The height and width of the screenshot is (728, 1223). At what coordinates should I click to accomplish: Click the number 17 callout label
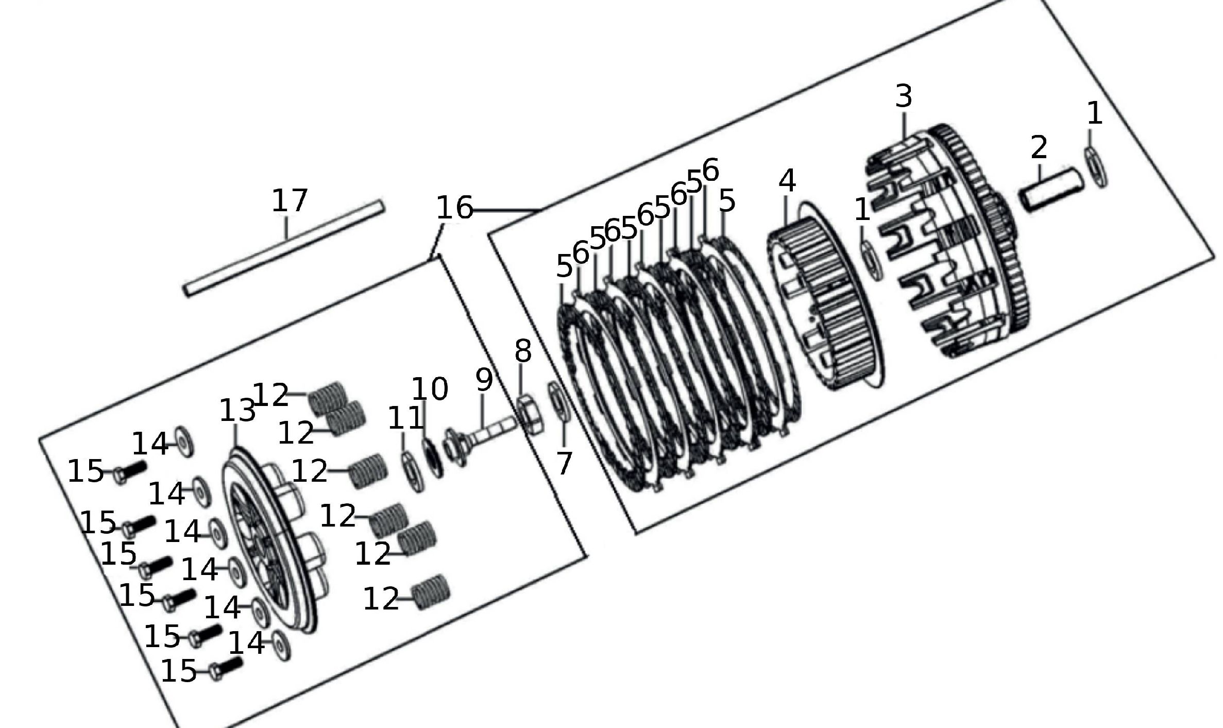pos(290,200)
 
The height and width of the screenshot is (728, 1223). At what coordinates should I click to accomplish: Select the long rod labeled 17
pos(284,249)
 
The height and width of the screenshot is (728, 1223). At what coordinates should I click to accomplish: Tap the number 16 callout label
pos(454,208)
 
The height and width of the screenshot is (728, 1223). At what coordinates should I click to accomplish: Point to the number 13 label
pos(237,411)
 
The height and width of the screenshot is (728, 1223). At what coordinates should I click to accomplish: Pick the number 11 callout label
pos(405,418)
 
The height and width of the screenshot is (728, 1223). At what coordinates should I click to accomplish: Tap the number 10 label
pos(430,389)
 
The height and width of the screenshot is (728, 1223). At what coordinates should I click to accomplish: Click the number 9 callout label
pos(484,380)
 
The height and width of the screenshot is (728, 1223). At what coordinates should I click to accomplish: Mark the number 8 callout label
pos(522,351)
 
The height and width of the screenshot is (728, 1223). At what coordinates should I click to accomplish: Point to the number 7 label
pos(564,463)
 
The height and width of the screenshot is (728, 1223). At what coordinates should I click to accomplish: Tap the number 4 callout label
pos(787,181)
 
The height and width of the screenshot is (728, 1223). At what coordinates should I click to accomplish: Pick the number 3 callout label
pos(904,96)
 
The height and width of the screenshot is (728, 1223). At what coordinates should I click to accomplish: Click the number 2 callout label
pos(1039,147)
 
